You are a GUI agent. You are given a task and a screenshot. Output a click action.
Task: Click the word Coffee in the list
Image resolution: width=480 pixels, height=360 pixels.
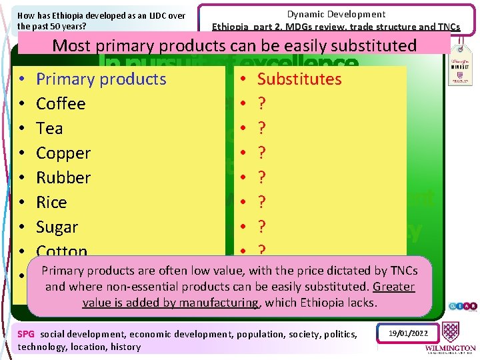click(61, 104)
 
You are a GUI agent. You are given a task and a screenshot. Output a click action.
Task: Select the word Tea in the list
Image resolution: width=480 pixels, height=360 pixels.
click(49, 129)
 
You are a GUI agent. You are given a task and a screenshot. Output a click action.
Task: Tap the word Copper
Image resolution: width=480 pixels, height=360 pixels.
click(63, 153)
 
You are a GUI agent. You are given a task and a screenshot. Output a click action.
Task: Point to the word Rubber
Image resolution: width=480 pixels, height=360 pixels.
click(63, 178)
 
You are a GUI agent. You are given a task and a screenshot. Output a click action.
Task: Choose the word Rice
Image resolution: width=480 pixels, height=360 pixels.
click(51, 203)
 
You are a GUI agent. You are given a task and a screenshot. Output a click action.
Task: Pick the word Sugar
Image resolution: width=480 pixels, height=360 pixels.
click(57, 227)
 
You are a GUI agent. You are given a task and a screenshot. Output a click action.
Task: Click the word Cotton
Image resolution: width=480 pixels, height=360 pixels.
click(62, 251)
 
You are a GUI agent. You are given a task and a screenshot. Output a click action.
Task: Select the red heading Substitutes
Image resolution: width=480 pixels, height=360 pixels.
click(299, 79)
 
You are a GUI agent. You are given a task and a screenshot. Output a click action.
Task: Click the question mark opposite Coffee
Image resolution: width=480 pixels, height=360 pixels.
click(262, 104)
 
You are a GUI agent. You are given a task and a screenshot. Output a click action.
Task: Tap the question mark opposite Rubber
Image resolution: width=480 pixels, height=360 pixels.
click(262, 178)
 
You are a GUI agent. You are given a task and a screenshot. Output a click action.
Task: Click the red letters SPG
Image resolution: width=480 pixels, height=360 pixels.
click(26, 334)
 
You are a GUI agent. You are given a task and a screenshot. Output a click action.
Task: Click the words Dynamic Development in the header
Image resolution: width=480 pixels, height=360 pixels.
click(336, 14)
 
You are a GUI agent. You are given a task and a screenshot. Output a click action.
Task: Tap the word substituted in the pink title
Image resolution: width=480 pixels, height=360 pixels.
click(369, 45)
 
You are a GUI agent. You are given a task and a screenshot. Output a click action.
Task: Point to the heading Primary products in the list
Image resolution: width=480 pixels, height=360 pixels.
click(101, 79)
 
